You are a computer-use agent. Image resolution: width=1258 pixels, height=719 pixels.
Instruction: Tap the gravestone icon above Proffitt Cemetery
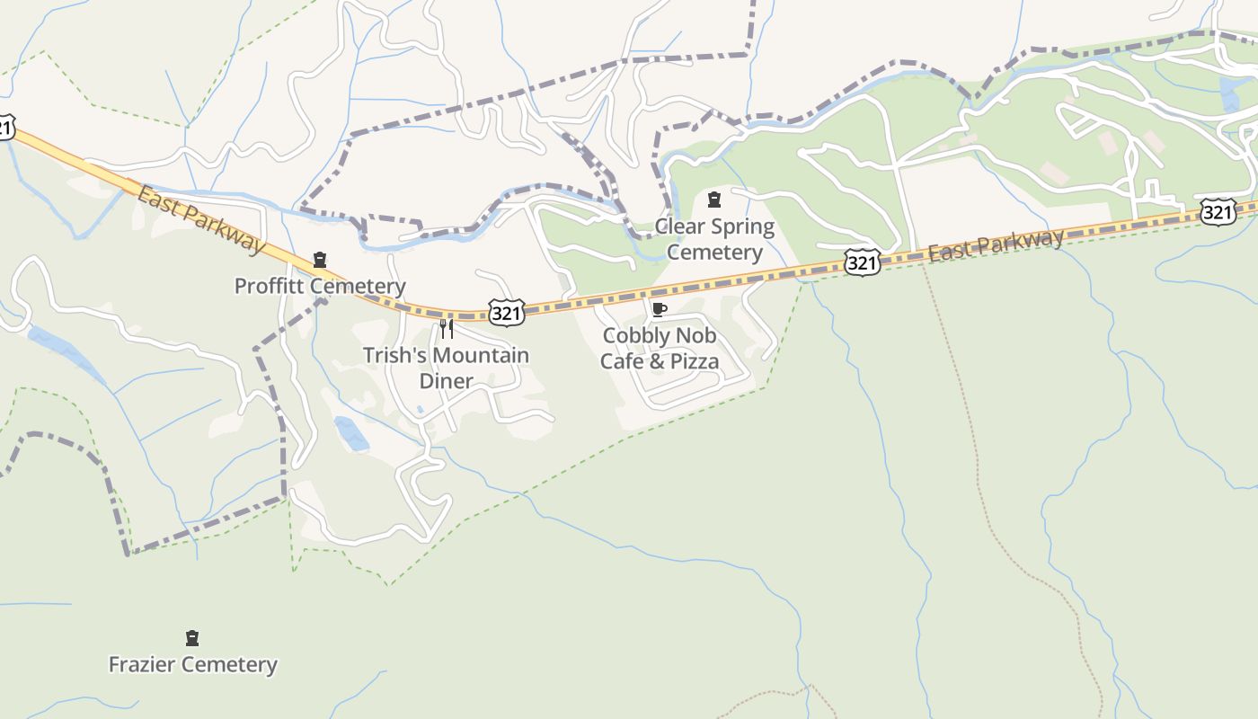pos(319,261)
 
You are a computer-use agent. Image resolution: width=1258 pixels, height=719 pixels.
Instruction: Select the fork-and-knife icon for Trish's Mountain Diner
pos(446,329)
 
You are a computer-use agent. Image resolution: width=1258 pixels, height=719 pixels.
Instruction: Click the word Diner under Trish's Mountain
pos(446,381)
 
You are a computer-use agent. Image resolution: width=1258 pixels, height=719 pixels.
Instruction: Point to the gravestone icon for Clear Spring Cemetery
pos(714,200)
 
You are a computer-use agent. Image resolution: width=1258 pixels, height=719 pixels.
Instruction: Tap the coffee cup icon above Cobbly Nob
pos(659,310)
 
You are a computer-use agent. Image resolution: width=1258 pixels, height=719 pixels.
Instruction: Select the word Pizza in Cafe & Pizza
pos(689,361)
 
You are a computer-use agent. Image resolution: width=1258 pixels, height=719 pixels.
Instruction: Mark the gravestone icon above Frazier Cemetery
pos(191,639)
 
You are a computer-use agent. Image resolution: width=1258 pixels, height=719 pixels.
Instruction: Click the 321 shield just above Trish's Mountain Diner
pos(507,313)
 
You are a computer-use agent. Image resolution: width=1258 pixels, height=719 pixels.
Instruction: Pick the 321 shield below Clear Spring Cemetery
pos(861,263)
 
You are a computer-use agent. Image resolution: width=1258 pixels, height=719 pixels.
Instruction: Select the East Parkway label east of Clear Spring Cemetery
pos(996,244)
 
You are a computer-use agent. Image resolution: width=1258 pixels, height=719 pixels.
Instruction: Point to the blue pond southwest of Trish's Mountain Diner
pos(351,433)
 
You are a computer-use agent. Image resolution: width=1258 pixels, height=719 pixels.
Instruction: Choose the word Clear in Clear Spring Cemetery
pos(679,226)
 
